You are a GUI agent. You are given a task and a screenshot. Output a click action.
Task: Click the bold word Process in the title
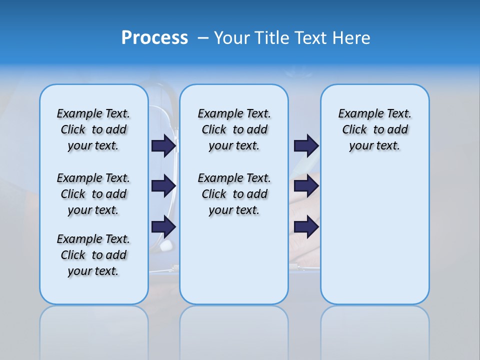154,37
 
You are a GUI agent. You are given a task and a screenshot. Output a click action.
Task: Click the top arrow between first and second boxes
163,145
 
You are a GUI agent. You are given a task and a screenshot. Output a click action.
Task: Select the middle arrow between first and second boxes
163,186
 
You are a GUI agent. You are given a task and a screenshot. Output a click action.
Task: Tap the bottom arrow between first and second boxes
163,227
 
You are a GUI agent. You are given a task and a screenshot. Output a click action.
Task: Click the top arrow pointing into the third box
306,145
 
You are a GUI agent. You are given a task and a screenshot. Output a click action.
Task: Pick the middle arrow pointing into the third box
306,186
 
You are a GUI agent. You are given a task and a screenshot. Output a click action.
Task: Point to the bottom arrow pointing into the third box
306,227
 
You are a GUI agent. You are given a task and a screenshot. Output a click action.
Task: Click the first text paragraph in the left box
93,129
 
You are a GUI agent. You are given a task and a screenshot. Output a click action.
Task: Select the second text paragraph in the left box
93,194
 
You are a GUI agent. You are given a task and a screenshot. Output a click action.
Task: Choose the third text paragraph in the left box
93,255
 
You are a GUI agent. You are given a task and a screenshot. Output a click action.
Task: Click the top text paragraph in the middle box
234,129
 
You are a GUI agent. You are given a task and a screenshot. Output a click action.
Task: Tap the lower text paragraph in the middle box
234,194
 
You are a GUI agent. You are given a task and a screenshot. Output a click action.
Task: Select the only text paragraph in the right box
374,129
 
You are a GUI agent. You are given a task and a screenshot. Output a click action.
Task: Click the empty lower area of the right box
374,230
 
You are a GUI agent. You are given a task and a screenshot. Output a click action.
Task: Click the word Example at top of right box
356,113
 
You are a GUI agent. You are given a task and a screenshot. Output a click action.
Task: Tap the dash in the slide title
203,38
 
